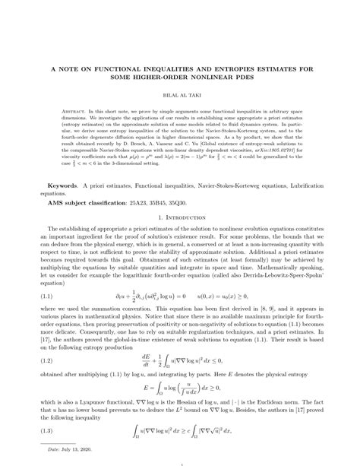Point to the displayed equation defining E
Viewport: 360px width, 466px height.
pos(180,384)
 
